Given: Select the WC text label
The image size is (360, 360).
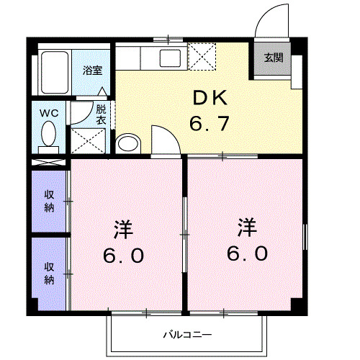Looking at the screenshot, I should tap(49, 112).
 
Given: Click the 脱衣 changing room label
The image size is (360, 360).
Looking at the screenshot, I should tap(101, 115).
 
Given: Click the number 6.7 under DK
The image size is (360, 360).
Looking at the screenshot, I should tap(209, 124).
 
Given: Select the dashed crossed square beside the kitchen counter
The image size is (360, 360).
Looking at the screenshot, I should tap(202, 55).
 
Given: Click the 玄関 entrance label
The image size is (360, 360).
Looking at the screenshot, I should tap(273, 58).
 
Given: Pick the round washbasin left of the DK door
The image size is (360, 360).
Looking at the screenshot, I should tap(127, 143).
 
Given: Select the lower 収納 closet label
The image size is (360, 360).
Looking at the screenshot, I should tap(49, 274).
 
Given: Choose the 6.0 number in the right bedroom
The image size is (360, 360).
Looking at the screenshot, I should tap(248, 253).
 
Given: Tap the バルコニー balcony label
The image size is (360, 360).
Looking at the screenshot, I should tap(186, 335).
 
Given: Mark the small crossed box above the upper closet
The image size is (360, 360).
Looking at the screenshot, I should tap(50, 162).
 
